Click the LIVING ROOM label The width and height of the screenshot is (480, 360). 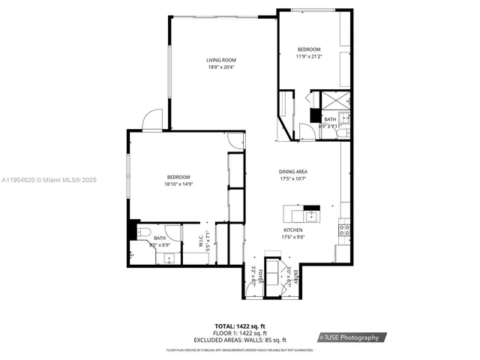click(x=221, y=60)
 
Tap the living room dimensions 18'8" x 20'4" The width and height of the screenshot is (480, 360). click(x=221, y=67)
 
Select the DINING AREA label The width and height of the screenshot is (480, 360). click(x=293, y=171)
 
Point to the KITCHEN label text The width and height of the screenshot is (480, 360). click(x=293, y=229)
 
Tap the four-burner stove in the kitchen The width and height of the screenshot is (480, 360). click(x=344, y=229)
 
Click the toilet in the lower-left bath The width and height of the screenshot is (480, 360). click(x=145, y=231)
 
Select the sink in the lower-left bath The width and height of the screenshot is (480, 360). click(x=169, y=258)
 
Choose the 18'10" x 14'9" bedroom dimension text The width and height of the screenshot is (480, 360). click(x=178, y=184)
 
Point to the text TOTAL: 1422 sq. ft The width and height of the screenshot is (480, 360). click(x=241, y=326)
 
